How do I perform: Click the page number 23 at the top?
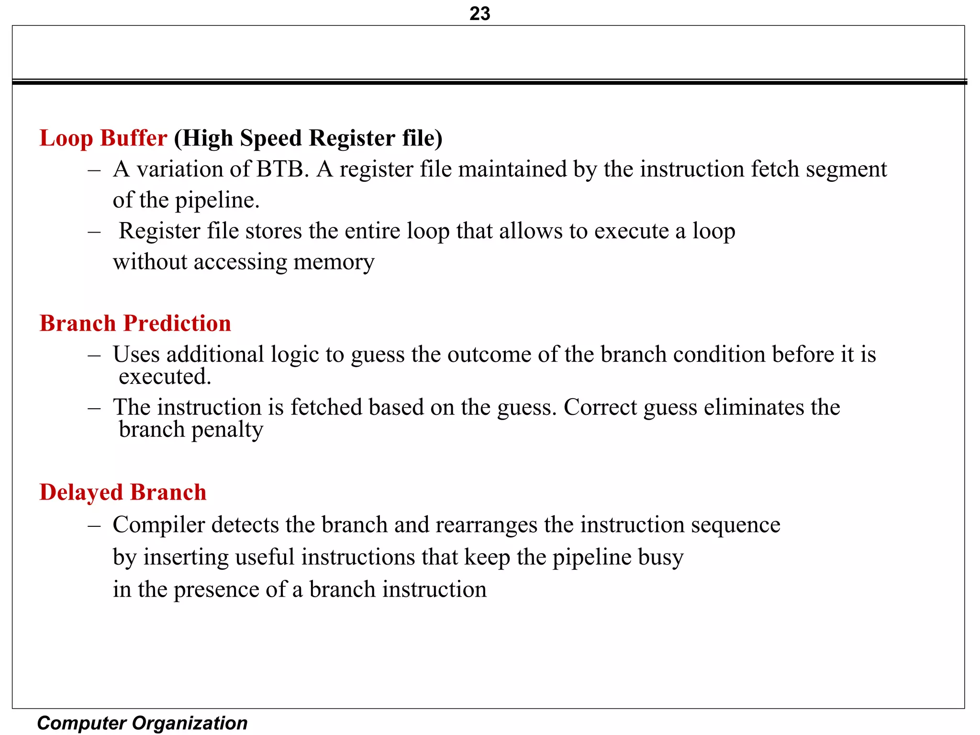coord(479,13)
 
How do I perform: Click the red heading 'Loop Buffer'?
coord(103,138)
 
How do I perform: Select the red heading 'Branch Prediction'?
coord(135,323)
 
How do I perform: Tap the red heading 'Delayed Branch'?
coord(122,492)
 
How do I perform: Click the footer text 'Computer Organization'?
coord(142,723)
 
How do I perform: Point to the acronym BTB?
coord(280,169)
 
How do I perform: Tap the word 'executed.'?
coord(165,377)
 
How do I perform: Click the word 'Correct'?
coord(600,407)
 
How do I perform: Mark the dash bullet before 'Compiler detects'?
coord(94,525)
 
